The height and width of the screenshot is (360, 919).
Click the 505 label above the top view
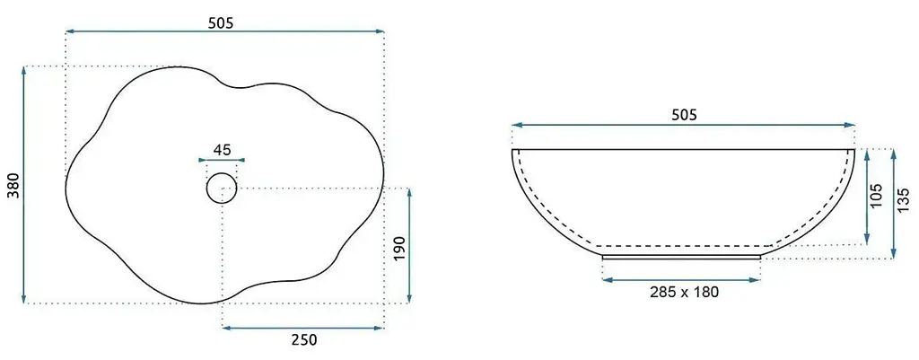(221, 22)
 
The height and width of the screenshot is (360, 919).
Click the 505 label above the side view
(684, 115)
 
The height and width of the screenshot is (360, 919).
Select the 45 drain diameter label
(222, 150)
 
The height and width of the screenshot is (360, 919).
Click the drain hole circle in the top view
(222, 173)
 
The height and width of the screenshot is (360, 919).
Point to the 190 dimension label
(398, 250)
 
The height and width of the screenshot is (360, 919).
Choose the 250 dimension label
(304, 339)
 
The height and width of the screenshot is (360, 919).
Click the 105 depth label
(877, 197)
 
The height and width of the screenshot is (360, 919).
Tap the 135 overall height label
(903, 200)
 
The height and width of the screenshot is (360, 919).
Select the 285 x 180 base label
(684, 292)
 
